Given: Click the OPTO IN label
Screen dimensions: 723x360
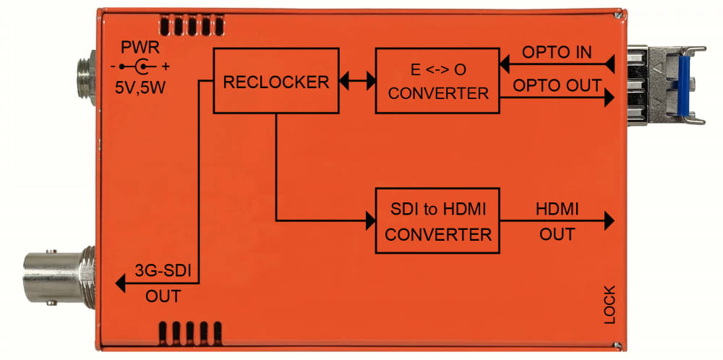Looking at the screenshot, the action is [557, 52].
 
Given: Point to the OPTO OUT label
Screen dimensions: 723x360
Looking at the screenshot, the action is [557, 85].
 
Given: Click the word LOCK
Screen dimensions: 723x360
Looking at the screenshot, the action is [609, 304].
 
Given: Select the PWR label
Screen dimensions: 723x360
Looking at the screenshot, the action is [140, 47].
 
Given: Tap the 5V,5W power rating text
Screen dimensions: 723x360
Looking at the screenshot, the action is [140, 87].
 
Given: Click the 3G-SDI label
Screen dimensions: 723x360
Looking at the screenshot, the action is [163, 270].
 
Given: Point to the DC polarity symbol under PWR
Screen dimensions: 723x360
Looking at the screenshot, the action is [140, 67].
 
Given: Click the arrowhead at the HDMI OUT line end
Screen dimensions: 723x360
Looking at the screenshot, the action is [609, 220].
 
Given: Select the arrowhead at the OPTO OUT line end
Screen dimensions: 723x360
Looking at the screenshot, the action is [609, 98].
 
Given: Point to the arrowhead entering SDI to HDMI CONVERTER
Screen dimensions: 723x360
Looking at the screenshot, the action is [370, 220].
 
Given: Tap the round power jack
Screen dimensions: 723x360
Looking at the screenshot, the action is [86, 78].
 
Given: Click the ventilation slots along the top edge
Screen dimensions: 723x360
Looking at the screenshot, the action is [192, 25].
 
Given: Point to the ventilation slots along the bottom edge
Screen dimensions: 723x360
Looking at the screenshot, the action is [190, 333].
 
